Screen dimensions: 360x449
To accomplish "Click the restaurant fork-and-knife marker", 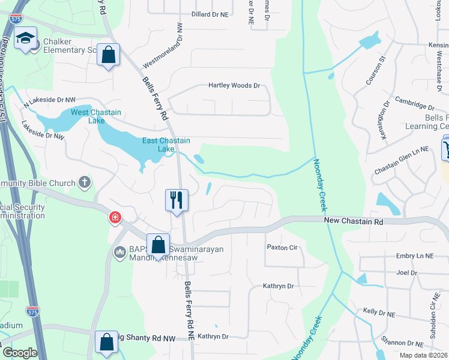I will [176, 200].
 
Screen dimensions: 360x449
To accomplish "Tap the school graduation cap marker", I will [26, 38].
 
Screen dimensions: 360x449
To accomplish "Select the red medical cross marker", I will [114, 218].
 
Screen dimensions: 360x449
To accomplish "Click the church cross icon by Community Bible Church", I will [85, 182].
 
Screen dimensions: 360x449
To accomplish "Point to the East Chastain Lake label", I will [166, 145].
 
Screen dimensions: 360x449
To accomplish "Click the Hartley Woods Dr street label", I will [234, 86].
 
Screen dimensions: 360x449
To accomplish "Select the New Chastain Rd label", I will [354, 221].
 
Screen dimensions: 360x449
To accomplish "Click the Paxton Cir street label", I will [282, 247].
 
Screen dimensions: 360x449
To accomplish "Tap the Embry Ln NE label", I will [415, 256].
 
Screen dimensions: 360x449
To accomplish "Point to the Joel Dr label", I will [406, 272].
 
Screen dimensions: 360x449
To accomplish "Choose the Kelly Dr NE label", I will [379, 313].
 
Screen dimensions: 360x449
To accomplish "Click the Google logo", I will [20, 353].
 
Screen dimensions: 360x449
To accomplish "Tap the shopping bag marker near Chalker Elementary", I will [108, 55].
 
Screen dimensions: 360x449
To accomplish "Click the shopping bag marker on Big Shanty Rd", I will [107, 343].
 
